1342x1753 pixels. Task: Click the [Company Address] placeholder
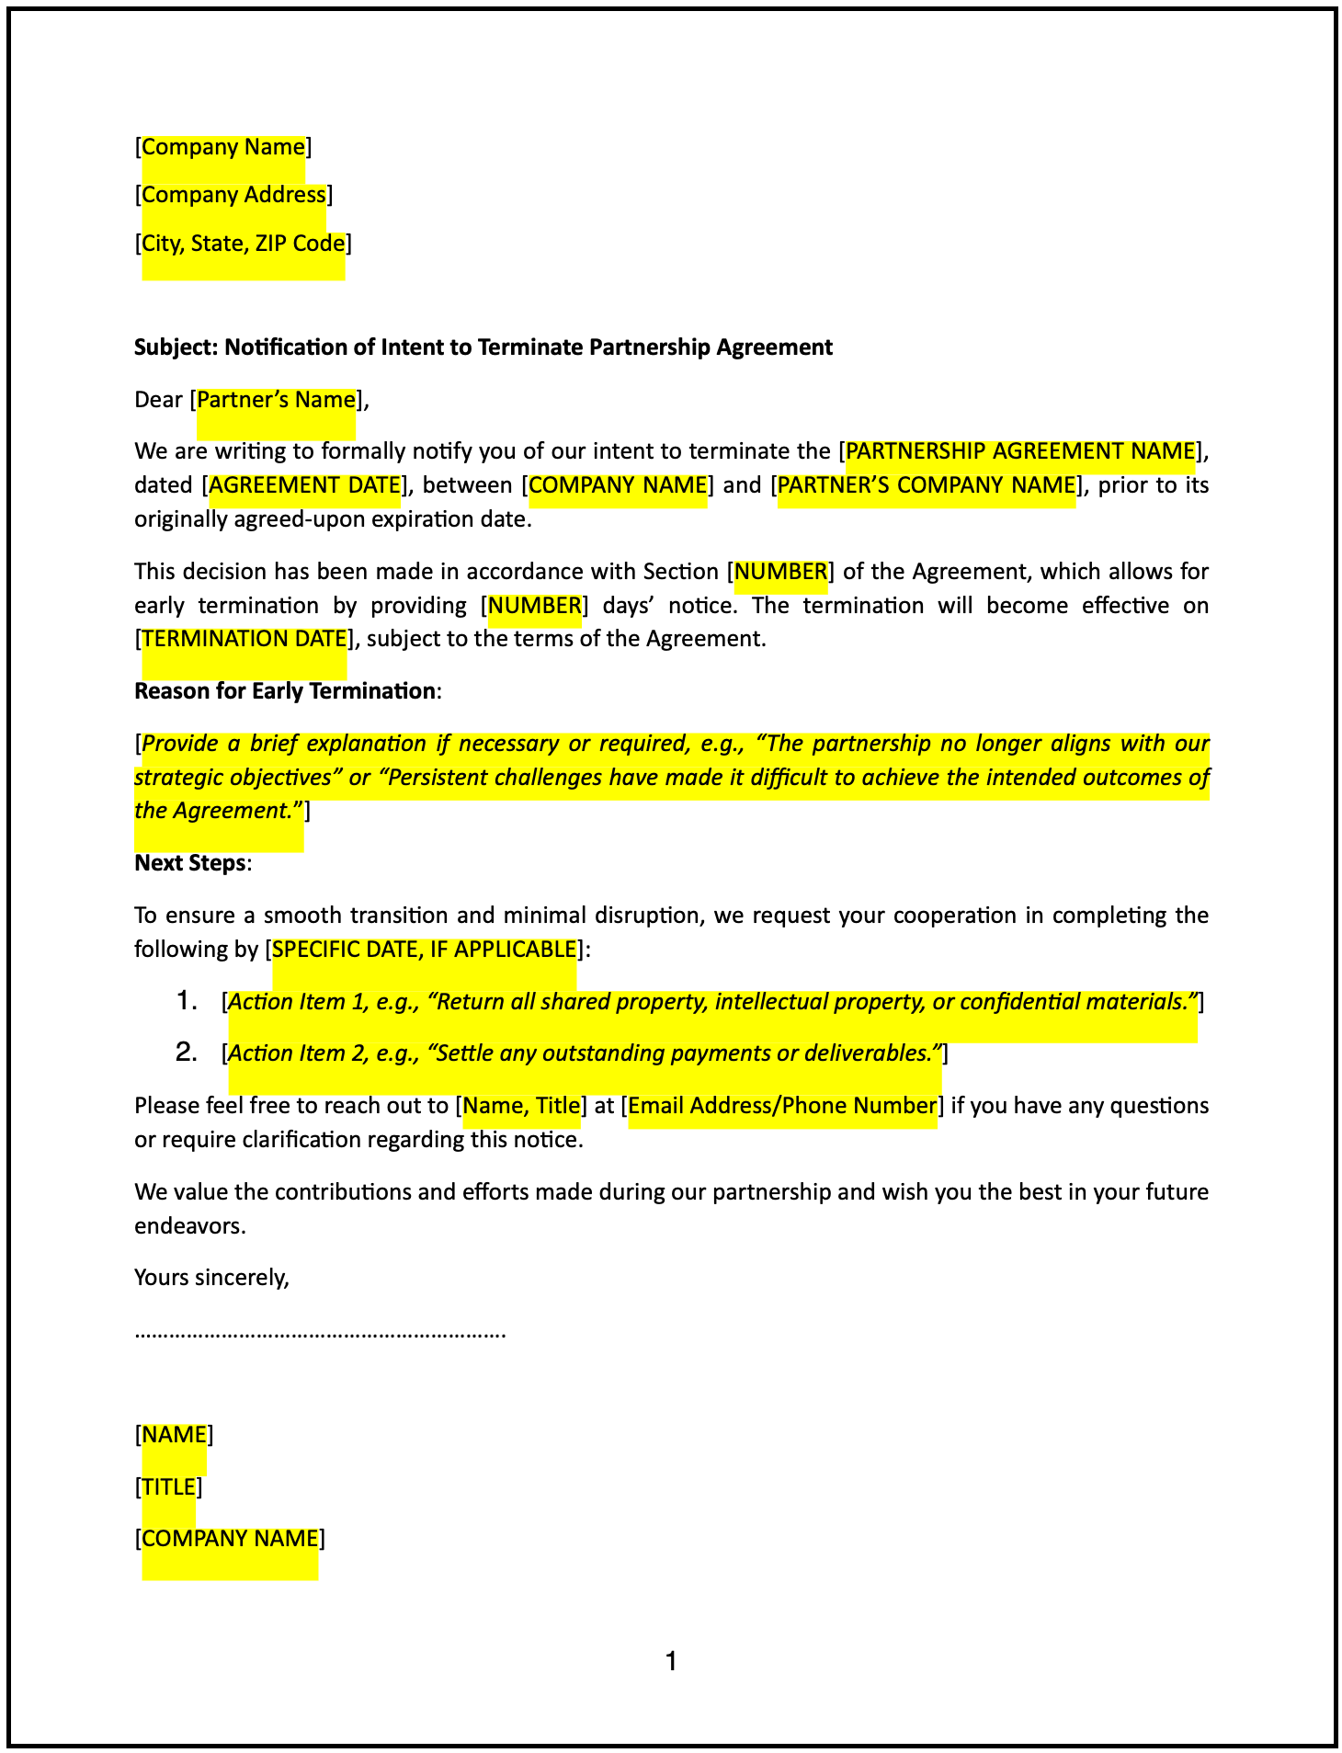point(233,195)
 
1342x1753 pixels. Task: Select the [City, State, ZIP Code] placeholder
point(243,244)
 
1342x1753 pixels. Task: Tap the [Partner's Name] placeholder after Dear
point(276,400)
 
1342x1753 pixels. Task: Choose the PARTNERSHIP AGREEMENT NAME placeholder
point(1019,451)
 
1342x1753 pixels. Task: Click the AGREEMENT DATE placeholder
point(305,485)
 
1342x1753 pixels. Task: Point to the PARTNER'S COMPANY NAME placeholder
point(927,485)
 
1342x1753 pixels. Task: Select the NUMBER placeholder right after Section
point(781,572)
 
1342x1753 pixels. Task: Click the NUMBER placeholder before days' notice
point(535,606)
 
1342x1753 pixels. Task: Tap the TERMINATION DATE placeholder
point(245,639)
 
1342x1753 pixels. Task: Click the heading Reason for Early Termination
point(285,691)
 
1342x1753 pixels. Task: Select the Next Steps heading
point(190,863)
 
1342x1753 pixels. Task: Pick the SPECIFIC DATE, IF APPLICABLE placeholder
point(425,950)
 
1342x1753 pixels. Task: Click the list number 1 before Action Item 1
point(187,1001)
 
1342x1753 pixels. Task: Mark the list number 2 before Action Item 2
point(187,1053)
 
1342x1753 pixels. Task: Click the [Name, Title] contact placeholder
point(521,1106)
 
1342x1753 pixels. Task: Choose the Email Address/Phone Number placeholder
point(782,1106)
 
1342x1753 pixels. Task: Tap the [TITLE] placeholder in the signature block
point(169,1487)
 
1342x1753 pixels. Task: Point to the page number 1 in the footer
point(671,1661)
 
